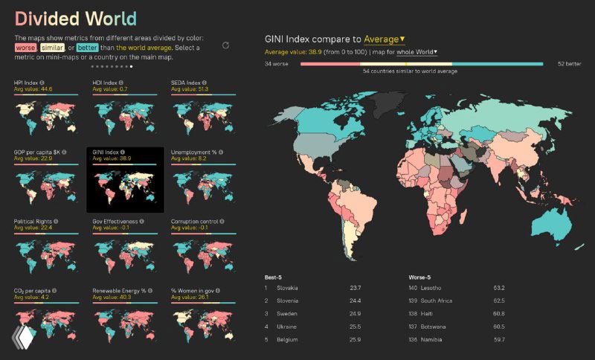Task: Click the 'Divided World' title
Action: (x=75, y=19)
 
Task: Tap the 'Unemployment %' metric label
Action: (x=194, y=152)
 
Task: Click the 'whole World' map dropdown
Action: (x=416, y=52)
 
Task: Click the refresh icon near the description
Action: (x=225, y=45)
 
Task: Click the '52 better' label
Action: (x=570, y=64)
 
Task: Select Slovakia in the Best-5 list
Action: (x=288, y=288)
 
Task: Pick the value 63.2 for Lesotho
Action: (x=498, y=288)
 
